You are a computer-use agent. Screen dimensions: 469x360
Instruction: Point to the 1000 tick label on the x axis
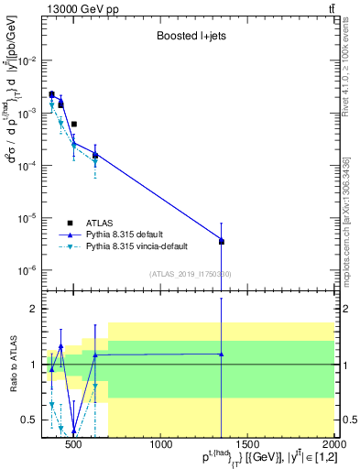pos(162,446)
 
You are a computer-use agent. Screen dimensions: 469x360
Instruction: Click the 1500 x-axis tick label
pos(248,446)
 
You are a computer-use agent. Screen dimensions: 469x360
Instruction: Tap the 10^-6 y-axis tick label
pos(29,271)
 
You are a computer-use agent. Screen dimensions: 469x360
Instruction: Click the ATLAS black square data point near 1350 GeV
pos(222,242)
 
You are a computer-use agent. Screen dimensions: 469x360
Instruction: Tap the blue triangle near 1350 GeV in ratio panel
pos(222,354)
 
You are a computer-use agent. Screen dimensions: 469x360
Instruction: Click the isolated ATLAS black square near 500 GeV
pos(74,124)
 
